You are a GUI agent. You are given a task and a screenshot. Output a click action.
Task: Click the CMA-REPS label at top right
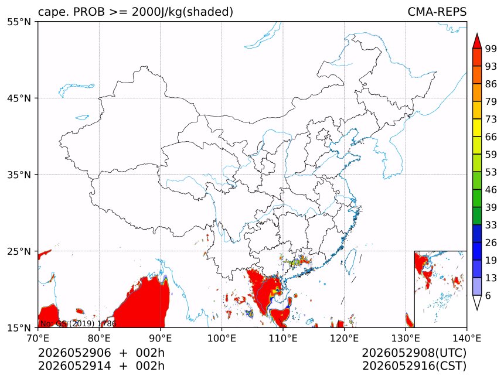pyautogui.click(x=437, y=12)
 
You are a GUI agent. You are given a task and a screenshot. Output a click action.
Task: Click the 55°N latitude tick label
pyautogui.click(x=19, y=22)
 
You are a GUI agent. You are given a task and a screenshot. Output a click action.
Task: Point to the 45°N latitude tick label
pyautogui.click(x=19, y=98)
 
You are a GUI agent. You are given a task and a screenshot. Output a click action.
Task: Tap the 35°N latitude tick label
pyautogui.click(x=19, y=175)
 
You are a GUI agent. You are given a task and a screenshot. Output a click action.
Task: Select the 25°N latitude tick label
pyautogui.click(x=19, y=251)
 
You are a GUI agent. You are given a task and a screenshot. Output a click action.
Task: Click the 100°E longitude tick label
pyautogui.click(x=222, y=338)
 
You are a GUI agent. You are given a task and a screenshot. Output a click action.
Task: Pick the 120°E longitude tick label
pyautogui.click(x=344, y=338)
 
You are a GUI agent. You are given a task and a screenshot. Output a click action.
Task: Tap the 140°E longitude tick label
pyautogui.click(x=466, y=338)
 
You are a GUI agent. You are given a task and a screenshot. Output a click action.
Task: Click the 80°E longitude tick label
pyautogui.click(x=99, y=338)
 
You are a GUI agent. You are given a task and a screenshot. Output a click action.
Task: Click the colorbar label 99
pyautogui.click(x=491, y=49)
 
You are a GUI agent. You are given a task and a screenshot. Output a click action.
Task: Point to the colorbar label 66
pyautogui.click(x=491, y=137)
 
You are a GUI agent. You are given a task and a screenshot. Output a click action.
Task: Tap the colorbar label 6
pyautogui.click(x=488, y=295)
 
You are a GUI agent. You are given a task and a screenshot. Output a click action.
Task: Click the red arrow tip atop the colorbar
pyautogui.click(x=477, y=33)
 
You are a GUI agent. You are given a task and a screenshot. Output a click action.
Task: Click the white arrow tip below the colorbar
pyautogui.click(x=477, y=310)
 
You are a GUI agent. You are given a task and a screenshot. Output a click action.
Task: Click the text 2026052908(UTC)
pyautogui.click(x=414, y=353)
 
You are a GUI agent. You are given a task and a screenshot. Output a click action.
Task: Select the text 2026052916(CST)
pyautogui.click(x=414, y=366)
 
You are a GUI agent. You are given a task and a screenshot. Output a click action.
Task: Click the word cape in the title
pyautogui.click(x=52, y=12)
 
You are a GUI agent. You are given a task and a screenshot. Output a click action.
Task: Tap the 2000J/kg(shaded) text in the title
pyautogui.click(x=182, y=12)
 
